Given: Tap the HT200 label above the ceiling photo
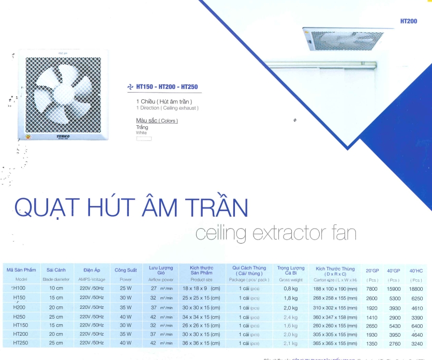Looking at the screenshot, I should tap(408, 22).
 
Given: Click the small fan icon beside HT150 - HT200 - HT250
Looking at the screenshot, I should tap(130, 87).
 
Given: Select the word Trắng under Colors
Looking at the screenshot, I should tap(142, 127).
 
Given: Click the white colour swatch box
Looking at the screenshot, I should tap(144, 138).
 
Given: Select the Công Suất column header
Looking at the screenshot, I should tap(126, 270).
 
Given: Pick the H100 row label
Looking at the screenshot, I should tap(19, 288).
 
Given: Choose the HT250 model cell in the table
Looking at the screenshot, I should tap(20, 343).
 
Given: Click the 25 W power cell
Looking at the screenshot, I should tap(126, 288).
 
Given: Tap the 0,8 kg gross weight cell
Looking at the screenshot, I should tap(290, 288).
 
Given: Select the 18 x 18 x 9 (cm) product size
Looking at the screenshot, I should tap(202, 288).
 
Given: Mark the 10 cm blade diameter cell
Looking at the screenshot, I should tap(56, 288).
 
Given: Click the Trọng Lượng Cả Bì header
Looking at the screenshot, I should tap(290, 270).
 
